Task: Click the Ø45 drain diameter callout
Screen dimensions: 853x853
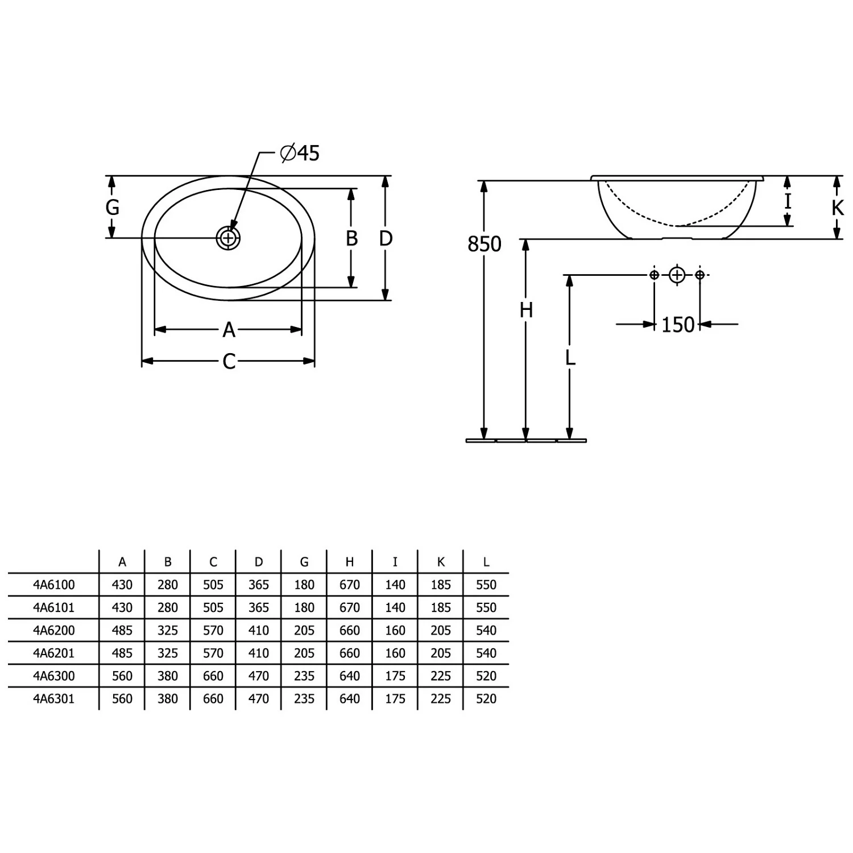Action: tap(300, 153)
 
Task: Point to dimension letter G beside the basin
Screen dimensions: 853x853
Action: tap(113, 207)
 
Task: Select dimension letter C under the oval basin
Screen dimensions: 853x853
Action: tap(229, 361)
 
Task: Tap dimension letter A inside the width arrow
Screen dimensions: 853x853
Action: tap(229, 329)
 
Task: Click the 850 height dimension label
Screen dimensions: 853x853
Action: tap(485, 244)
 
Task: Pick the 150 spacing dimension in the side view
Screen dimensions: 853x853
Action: tap(678, 325)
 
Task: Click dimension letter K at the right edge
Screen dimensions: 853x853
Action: tap(838, 208)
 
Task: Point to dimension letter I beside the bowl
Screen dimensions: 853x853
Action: tap(788, 201)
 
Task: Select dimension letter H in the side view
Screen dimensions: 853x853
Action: tap(526, 310)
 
